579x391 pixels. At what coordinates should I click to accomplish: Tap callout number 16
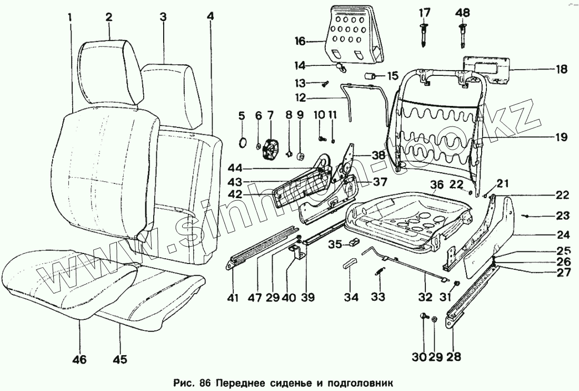(300, 41)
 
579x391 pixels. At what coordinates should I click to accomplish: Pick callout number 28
(453, 357)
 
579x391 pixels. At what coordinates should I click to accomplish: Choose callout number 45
(120, 360)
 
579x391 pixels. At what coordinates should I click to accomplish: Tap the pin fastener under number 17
(424, 34)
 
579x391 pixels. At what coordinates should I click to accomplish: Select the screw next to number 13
(325, 82)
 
